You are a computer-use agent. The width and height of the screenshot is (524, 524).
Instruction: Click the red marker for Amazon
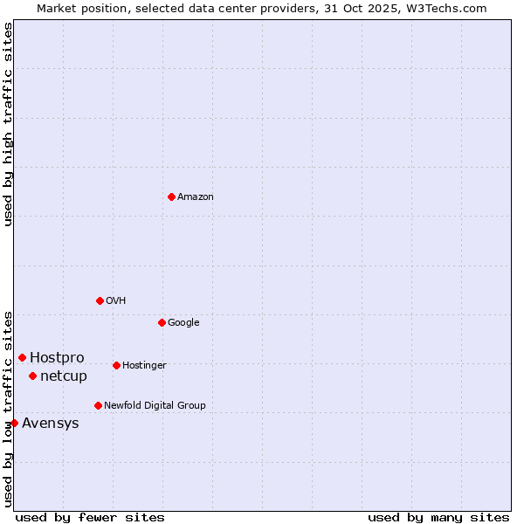(x=171, y=196)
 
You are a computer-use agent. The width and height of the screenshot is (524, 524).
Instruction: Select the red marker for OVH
(x=100, y=300)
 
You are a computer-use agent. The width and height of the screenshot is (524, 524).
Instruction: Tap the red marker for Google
(x=162, y=322)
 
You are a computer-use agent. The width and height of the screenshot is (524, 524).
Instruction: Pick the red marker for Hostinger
(x=116, y=365)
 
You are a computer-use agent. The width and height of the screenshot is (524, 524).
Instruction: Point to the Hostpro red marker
(x=22, y=357)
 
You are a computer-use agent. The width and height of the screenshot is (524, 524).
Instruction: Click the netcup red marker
(x=32, y=376)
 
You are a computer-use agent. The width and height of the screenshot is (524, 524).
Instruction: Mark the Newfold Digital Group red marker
(x=98, y=405)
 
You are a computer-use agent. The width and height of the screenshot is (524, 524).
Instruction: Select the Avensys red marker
(x=14, y=423)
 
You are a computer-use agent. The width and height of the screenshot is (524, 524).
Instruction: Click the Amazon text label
(x=196, y=197)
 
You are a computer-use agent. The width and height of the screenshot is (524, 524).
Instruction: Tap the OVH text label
(x=116, y=301)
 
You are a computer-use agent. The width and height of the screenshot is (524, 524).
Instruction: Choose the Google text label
(x=183, y=323)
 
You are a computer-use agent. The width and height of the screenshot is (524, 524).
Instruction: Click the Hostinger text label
(x=144, y=366)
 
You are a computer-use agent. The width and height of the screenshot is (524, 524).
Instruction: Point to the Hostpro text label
(x=57, y=358)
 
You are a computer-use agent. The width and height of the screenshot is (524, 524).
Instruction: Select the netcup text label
(x=64, y=376)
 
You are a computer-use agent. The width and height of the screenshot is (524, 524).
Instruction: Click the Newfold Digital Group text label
(x=155, y=406)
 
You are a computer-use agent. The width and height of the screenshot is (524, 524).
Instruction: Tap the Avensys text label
(x=51, y=424)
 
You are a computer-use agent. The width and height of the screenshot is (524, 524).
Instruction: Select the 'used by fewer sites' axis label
(x=90, y=517)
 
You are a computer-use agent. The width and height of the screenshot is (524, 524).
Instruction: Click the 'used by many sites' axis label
(x=438, y=517)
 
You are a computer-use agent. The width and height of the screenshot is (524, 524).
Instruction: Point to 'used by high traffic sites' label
(x=9, y=124)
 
